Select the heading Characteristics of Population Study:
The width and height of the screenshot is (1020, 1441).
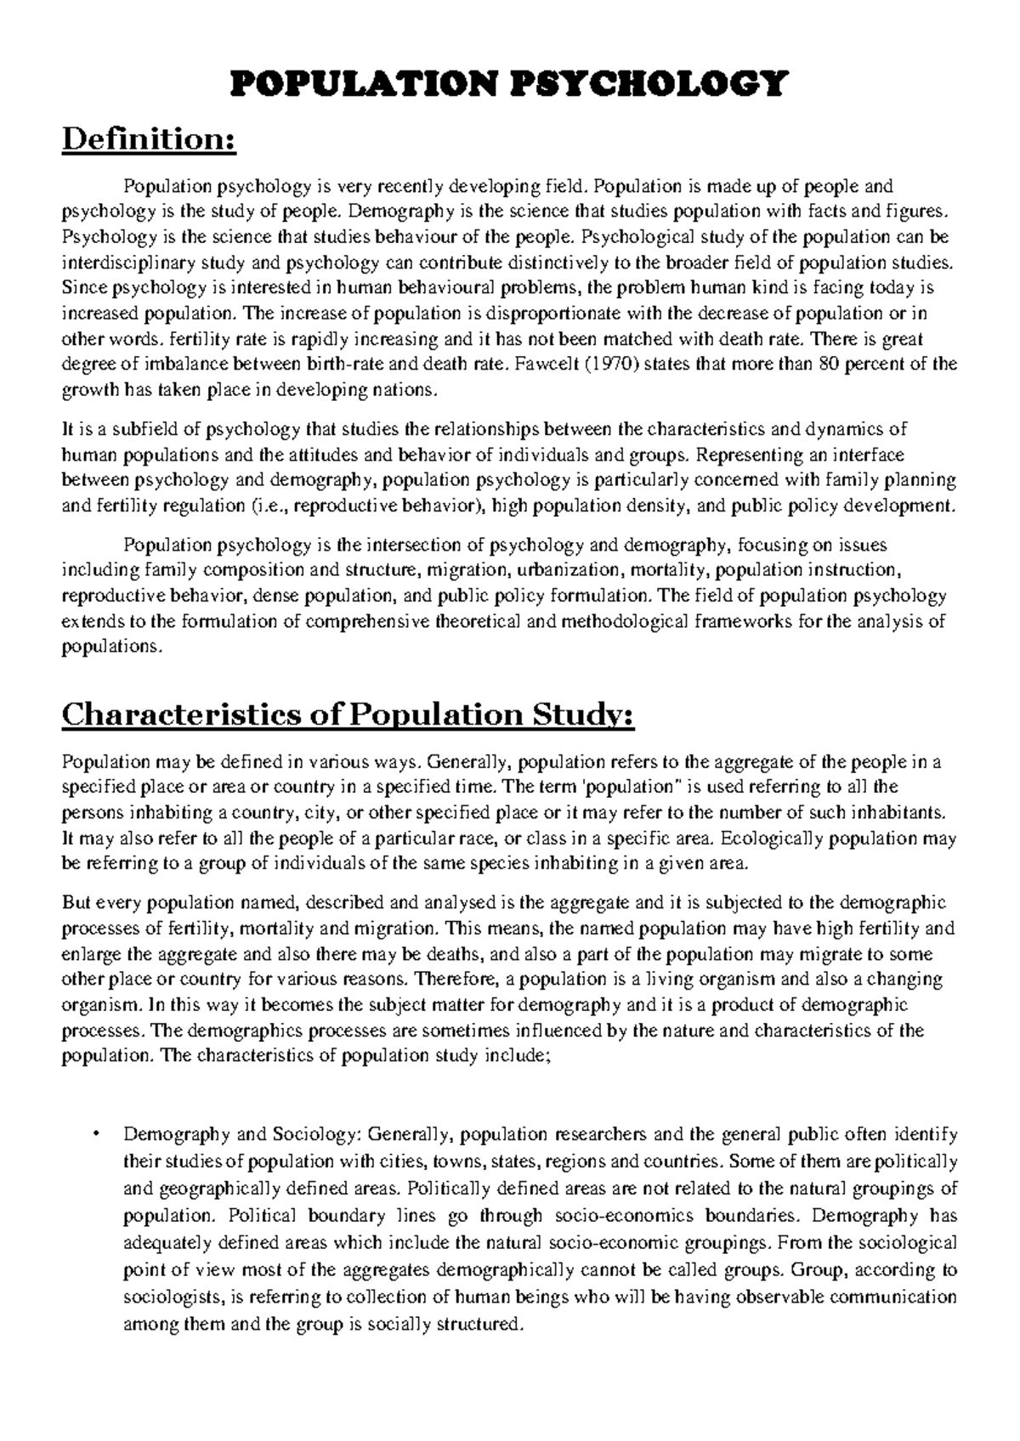point(348,715)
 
